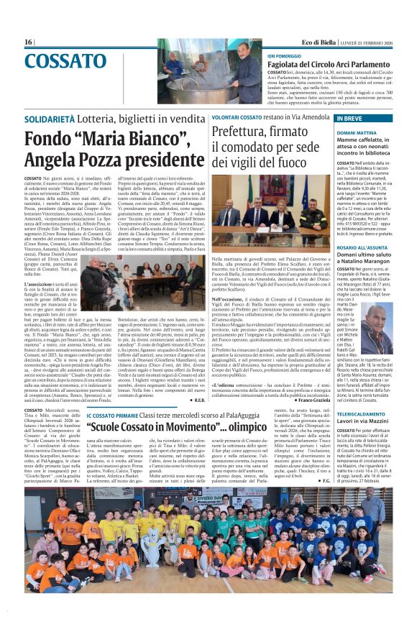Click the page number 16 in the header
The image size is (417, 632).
coord(29,42)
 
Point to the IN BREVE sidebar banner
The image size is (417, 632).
coord(349,118)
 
